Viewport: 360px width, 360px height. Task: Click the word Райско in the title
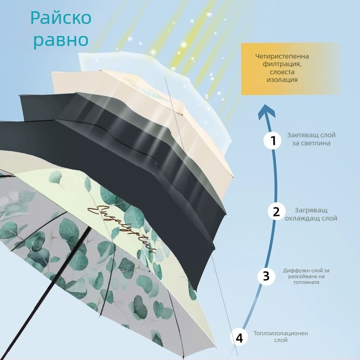(x=61, y=18)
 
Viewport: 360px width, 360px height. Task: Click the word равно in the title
(x=61, y=40)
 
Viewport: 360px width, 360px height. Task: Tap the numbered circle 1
(x=272, y=140)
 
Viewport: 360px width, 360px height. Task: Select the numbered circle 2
(x=276, y=211)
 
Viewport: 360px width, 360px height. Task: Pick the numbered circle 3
(x=266, y=276)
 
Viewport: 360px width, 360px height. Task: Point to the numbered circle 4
(x=239, y=337)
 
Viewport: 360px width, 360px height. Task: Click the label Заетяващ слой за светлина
(x=311, y=139)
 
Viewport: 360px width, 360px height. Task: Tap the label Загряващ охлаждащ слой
(x=311, y=214)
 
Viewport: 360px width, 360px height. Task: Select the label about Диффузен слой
(x=306, y=276)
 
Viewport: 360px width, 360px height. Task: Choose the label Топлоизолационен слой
(x=281, y=337)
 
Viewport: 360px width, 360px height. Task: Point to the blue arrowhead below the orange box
(x=268, y=110)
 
